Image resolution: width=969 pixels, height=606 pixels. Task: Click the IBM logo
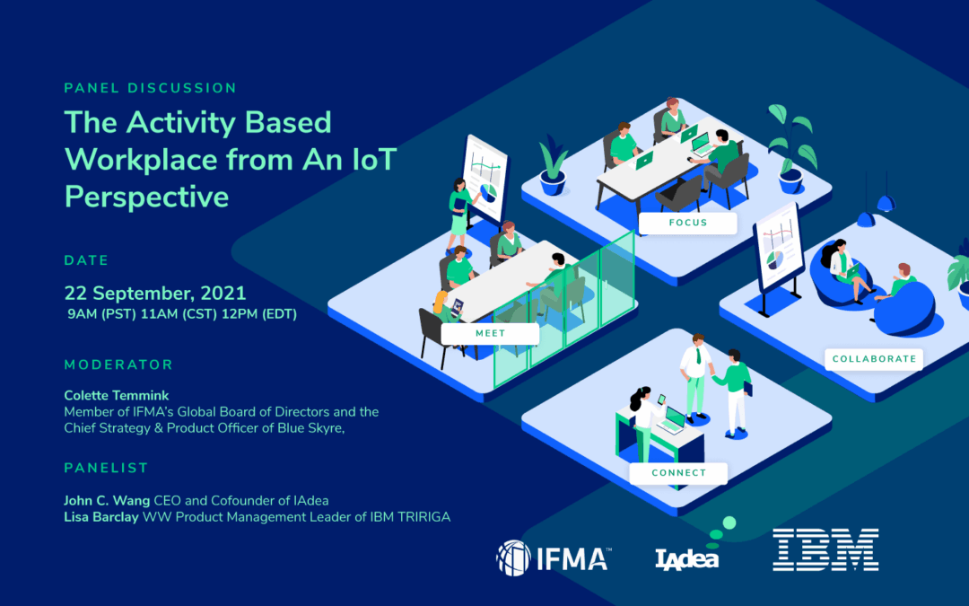tap(825, 549)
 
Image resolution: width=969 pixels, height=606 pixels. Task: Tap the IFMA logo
tap(554, 558)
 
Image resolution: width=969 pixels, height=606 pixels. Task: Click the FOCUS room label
tap(688, 223)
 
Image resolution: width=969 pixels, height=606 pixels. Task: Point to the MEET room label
tap(490, 333)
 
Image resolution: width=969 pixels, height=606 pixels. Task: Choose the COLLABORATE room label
tap(874, 358)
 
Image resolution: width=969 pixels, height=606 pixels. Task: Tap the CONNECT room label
tap(678, 473)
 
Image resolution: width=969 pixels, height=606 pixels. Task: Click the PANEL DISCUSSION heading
tap(150, 88)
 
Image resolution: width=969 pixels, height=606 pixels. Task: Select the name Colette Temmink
tap(116, 395)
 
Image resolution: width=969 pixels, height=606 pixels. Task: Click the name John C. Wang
tap(107, 500)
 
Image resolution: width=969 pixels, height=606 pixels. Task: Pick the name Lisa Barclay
tap(101, 516)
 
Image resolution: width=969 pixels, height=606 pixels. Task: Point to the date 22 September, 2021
tap(155, 293)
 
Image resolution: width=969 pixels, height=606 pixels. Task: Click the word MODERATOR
tap(118, 364)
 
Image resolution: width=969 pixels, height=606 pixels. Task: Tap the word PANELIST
tap(106, 468)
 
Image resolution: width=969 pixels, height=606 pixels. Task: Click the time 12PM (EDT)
tap(259, 314)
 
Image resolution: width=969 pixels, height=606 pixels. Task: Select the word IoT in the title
tap(374, 160)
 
